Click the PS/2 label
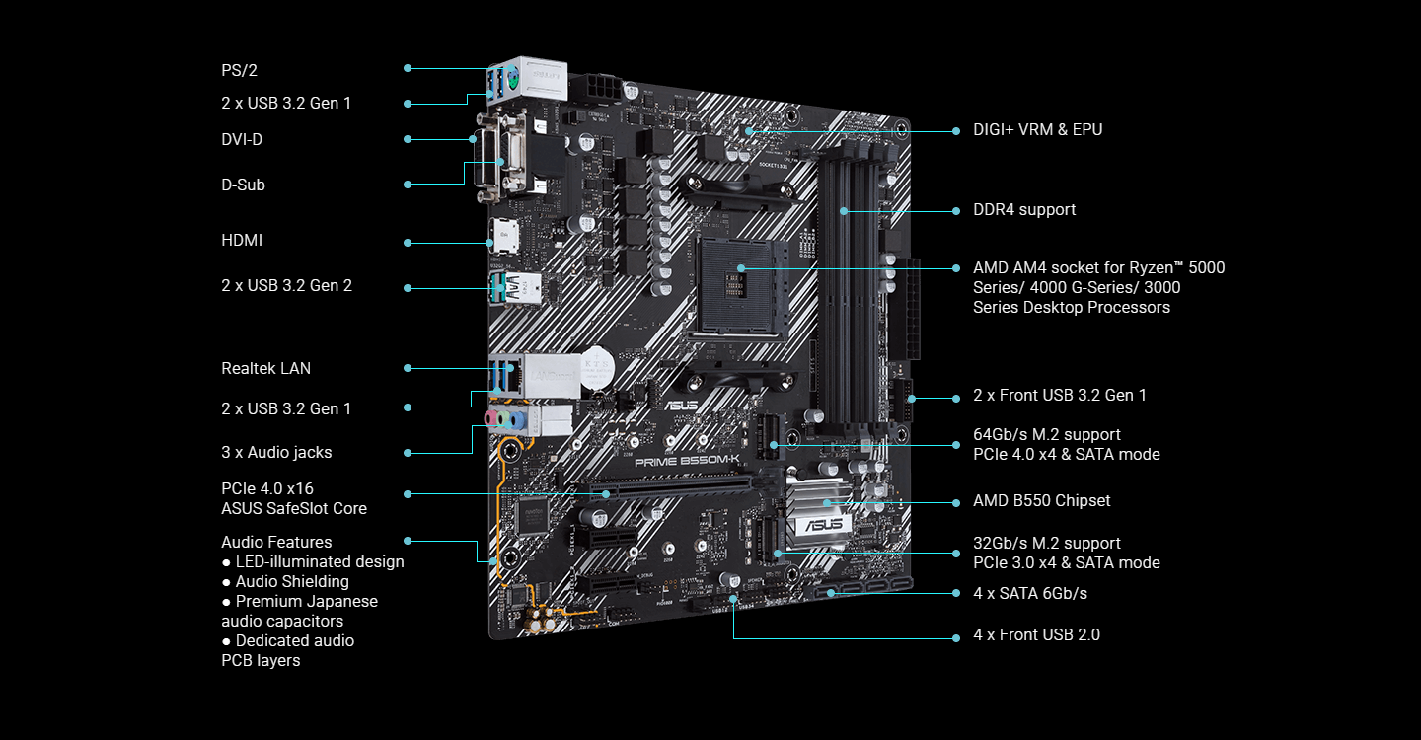pos(239,70)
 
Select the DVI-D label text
pos(242,139)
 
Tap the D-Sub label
pos(243,185)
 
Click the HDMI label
pos(242,240)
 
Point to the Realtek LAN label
pos(265,368)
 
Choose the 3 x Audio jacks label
pos(276,452)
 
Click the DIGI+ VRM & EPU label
pos(1037,129)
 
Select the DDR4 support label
pos(1024,209)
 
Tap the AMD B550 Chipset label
pos(1041,500)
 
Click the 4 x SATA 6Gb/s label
pos(1030,593)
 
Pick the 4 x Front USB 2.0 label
pos(1036,634)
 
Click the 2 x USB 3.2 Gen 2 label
pos(286,285)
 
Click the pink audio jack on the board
pos(489,420)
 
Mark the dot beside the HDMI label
pos(408,242)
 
